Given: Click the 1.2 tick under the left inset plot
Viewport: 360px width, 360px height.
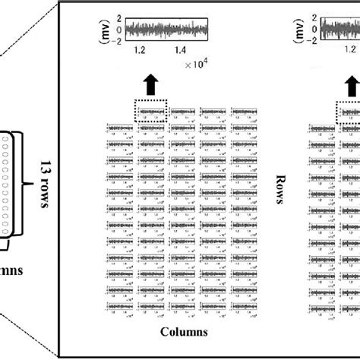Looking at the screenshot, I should click(139, 52).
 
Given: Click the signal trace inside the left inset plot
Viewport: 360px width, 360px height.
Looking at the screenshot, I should click(166, 30).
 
